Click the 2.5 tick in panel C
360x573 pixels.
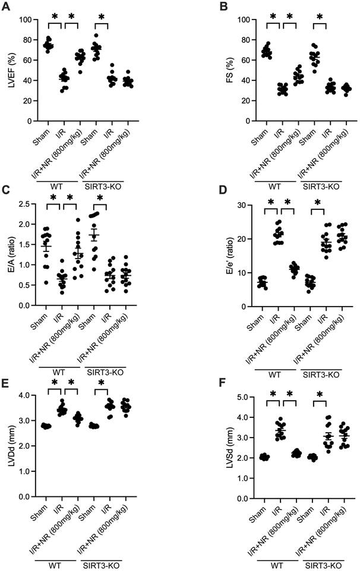coord(24,204)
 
